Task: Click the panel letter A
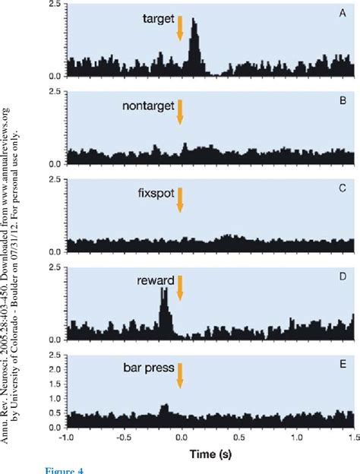[x=344, y=12]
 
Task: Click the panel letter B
[x=344, y=100]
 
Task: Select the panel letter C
[x=344, y=187]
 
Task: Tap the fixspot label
[x=154, y=194]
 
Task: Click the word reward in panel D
[x=155, y=281]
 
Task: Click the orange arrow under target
[x=180, y=29]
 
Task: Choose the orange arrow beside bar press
[x=180, y=375]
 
